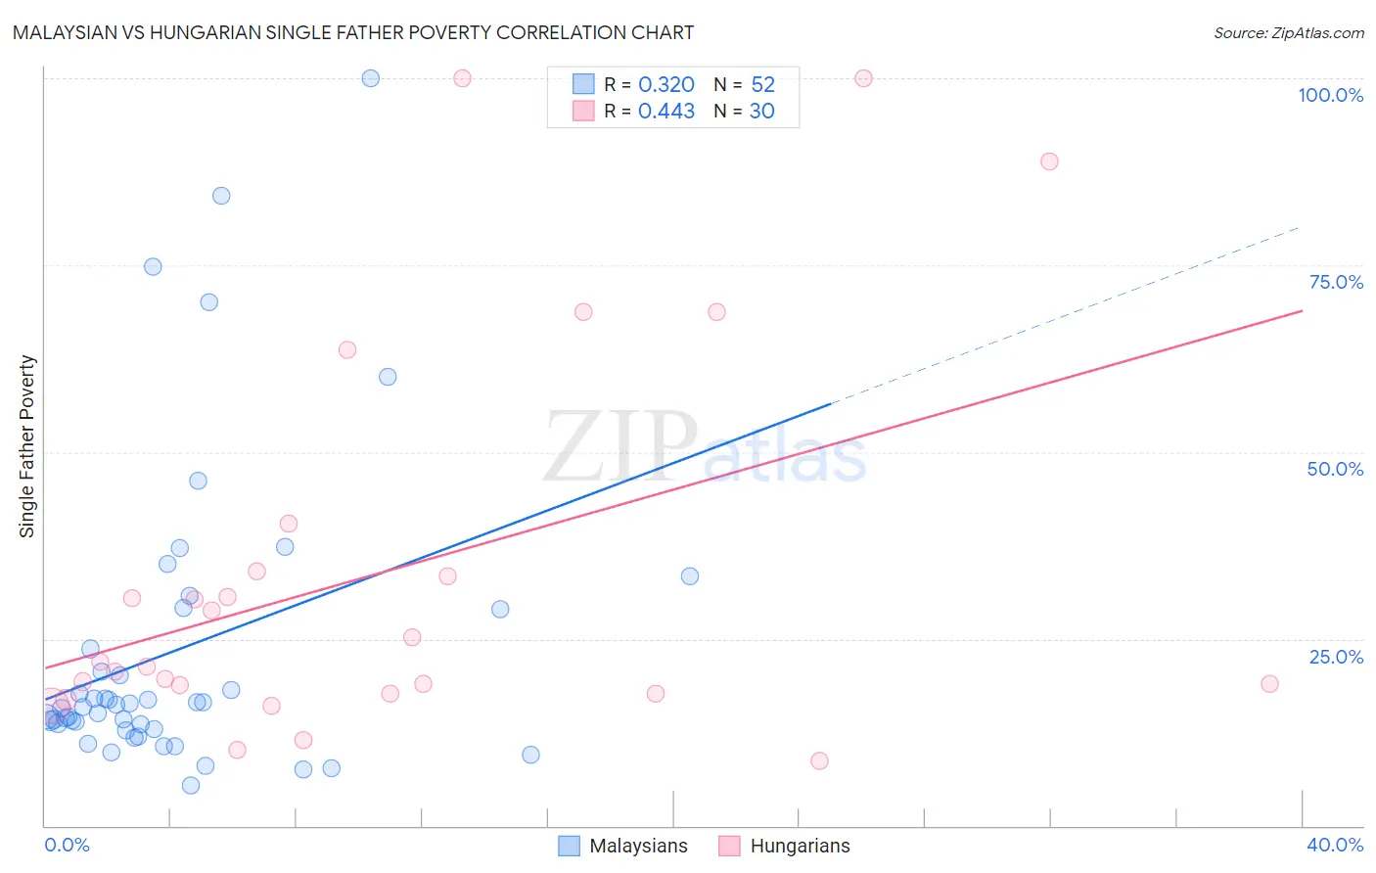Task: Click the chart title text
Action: coord(353,32)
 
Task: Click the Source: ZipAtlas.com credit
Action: coord(1288,32)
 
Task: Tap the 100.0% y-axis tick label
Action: coord(1330,95)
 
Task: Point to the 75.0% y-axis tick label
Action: coord(1335,282)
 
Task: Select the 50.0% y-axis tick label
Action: coord(1335,469)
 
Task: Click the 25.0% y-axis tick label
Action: coord(1335,656)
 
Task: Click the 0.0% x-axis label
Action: coord(67,845)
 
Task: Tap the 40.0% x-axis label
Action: coord(1334,845)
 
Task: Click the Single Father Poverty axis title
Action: coord(27,446)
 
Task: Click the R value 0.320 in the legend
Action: coord(665,85)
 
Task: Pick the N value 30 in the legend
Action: coord(761,112)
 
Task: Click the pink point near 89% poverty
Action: coord(1049,161)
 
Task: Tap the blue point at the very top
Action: coord(370,78)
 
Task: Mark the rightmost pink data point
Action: coord(1269,684)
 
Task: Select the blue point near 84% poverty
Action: coord(221,196)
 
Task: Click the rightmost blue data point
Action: coord(690,576)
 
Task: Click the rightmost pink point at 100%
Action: coord(863,78)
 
